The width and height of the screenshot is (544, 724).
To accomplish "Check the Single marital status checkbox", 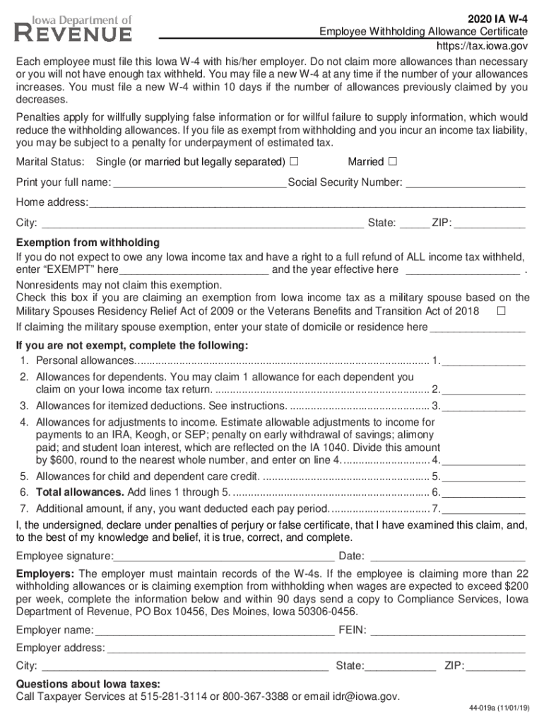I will [x=294, y=162].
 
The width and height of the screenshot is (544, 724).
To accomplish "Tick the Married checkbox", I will [x=393, y=162].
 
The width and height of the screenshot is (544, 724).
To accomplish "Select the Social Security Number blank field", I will [x=466, y=184].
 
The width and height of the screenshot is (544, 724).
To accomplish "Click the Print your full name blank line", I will [x=199, y=184].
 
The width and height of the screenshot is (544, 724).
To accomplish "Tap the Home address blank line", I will [x=307, y=204].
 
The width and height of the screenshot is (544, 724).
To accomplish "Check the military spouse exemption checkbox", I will [x=501, y=311].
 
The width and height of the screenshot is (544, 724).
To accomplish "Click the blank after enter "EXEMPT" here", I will [x=194, y=271].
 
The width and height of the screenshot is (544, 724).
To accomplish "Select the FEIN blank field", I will [x=447, y=631].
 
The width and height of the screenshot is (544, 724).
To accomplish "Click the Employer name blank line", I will [x=214, y=631].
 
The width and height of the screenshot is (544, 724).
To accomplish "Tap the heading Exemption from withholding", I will [x=88, y=243].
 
